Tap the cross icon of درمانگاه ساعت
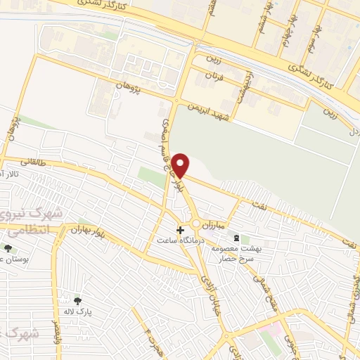tap(181, 230)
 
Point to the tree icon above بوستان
tap(8, 247)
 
